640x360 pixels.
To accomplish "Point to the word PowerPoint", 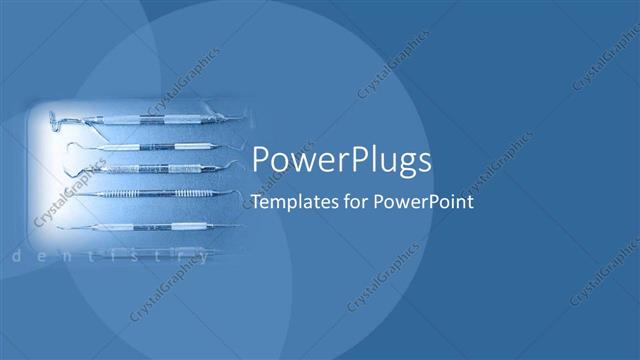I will pos(420,201).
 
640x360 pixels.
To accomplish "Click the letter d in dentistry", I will pos(15,257).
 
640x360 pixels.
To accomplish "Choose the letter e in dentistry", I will pos(42,257).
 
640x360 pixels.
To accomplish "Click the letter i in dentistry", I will pos(113,257).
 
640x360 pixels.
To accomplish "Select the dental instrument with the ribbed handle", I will pos(150,191).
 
